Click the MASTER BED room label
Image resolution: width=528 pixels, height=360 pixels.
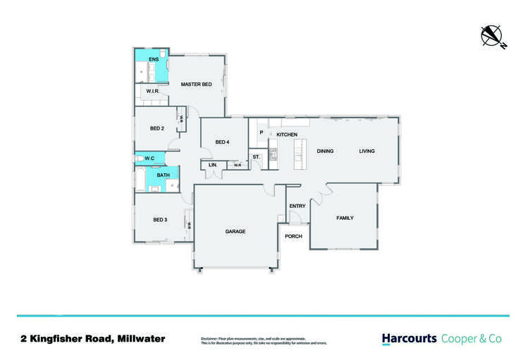click(x=196, y=85)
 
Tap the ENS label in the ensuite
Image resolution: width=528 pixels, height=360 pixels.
click(x=154, y=58)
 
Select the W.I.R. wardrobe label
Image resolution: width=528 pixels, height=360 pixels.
click(x=153, y=92)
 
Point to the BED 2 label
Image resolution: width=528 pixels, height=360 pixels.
click(x=157, y=128)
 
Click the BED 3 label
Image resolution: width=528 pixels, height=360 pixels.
click(x=160, y=220)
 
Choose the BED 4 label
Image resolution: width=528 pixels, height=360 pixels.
click(x=222, y=142)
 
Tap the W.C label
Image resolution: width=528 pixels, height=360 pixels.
click(x=149, y=159)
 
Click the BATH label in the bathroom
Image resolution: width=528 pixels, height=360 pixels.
click(x=163, y=175)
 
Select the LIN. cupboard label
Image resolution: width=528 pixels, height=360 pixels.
click(x=212, y=166)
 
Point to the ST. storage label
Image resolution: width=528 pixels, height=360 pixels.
click(x=256, y=156)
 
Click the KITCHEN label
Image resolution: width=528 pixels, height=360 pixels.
click(x=287, y=135)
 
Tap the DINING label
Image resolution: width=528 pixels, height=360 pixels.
click(x=325, y=151)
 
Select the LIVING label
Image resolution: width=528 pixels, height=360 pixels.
click(x=367, y=151)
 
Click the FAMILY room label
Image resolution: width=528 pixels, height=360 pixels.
click(x=345, y=218)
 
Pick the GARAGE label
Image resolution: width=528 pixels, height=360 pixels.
click(x=235, y=231)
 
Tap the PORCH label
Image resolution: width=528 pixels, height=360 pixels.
click(x=293, y=236)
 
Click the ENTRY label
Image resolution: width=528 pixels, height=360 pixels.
click(x=297, y=206)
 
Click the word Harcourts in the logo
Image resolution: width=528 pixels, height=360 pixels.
click(x=409, y=339)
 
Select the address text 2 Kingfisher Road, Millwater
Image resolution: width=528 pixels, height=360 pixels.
click(x=92, y=339)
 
